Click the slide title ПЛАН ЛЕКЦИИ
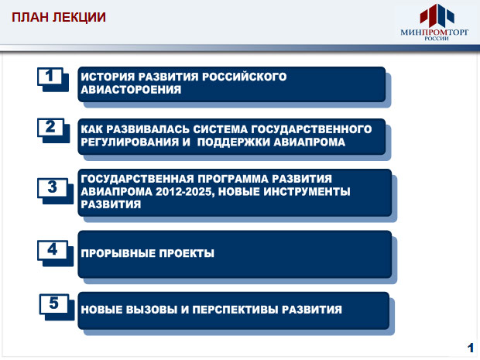(x=59, y=17)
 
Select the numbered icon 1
(x=53, y=79)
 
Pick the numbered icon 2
(x=53, y=131)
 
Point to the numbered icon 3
(x=55, y=191)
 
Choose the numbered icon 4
(x=55, y=253)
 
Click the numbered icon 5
(x=57, y=307)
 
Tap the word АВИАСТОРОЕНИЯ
(x=131, y=90)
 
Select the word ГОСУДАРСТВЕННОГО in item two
(x=311, y=129)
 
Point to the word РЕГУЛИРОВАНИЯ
(x=130, y=142)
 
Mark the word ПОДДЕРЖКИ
(x=234, y=142)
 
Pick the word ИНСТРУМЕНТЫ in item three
(x=307, y=192)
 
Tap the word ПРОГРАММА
(x=233, y=179)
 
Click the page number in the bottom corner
(x=471, y=348)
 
